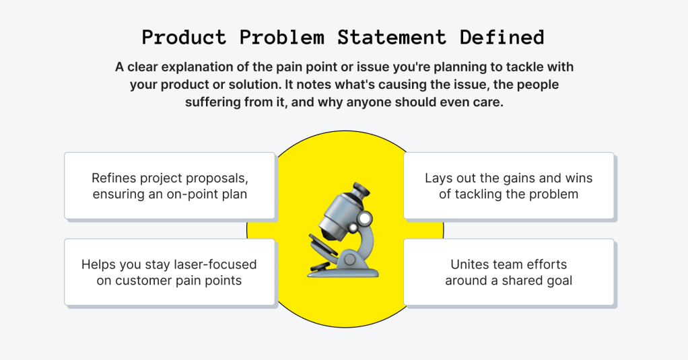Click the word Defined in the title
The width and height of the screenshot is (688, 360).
click(x=502, y=37)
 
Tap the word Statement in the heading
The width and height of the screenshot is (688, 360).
click(x=392, y=37)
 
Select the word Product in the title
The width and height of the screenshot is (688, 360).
click(x=184, y=37)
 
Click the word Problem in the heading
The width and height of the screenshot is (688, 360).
click(x=281, y=37)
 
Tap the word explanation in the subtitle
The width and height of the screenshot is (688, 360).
click(x=205, y=67)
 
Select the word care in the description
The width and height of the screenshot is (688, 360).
click(x=490, y=102)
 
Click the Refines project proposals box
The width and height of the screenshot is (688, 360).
click(x=170, y=186)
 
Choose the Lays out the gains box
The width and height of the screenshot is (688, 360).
click(x=508, y=186)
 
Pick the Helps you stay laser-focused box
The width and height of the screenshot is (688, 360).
click(x=170, y=272)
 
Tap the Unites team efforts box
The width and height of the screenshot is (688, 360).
click(x=508, y=272)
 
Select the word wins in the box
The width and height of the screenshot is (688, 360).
click(x=579, y=178)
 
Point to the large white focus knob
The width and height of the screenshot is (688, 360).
click(x=364, y=219)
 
